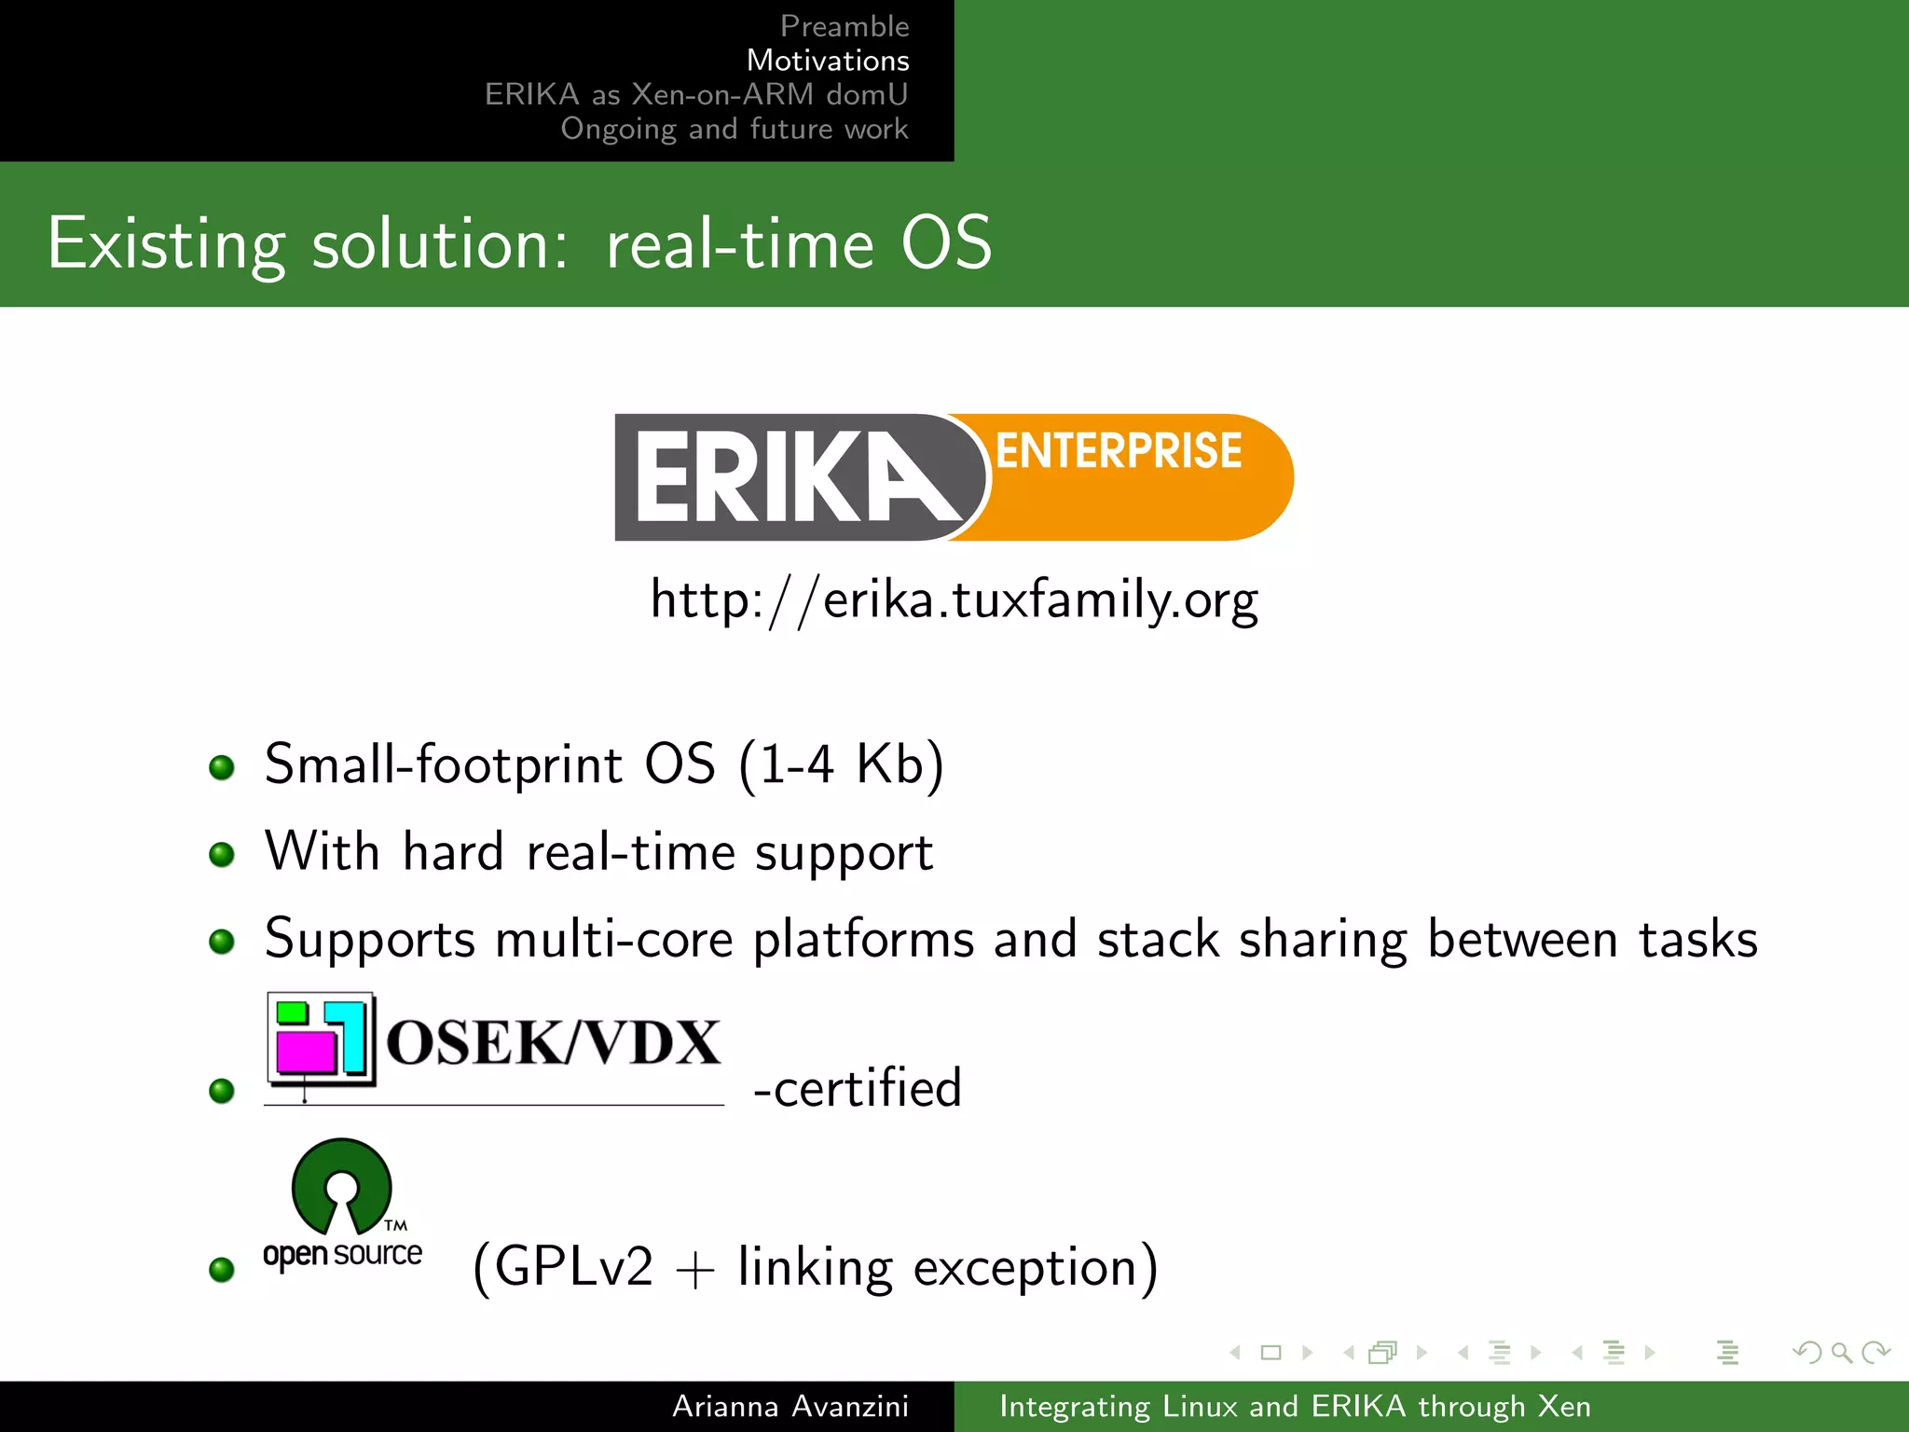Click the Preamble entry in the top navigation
click(844, 26)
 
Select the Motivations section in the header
click(828, 61)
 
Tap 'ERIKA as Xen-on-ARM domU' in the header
click(696, 94)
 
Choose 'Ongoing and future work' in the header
click(735, 129)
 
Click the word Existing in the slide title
click(166, 244)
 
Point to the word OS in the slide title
click(946, 244)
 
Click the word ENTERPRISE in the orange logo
click(1119, 451)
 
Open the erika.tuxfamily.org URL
click(954, 599)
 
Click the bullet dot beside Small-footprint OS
click(222, 767)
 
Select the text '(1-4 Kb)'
click(842, 764)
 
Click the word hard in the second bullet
click(453, 852)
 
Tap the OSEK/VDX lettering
click(553, 1042)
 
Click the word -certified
click(858, 1088)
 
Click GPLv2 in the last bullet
click(574, 1267)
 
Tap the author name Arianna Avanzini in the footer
click(790, 1406)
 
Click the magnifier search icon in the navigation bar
click(1841, 1352)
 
